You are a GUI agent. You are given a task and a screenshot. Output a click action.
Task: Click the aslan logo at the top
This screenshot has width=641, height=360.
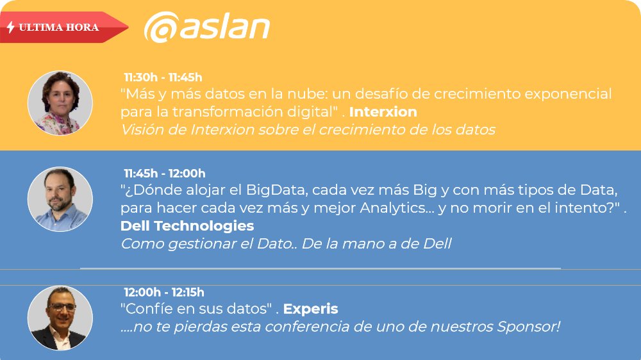coord(206,28)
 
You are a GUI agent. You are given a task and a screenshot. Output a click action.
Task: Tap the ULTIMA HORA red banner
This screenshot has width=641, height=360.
coord(61,28)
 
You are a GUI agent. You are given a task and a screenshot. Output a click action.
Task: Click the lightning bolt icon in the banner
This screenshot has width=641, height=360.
coord(11,28)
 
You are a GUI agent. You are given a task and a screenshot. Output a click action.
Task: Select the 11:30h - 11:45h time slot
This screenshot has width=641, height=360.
coord(163,78)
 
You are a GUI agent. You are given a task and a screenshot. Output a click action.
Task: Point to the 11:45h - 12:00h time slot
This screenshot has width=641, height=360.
coord(165,173)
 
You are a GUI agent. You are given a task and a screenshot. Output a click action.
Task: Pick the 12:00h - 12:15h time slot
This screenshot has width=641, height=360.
coord(164,292)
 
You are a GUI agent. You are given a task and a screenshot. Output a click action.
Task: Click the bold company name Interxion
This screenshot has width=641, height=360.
coord(383,112)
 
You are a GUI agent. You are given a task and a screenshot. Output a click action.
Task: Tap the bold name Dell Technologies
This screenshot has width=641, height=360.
coord(187,226)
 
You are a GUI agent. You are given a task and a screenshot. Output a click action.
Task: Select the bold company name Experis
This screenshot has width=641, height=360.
coord(310,309)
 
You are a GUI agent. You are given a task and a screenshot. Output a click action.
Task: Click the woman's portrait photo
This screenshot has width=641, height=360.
coord(60,103)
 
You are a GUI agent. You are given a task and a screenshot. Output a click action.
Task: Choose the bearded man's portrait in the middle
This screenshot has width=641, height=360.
coord(60,199)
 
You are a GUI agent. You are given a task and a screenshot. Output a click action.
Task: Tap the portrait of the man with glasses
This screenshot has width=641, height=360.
coord(60,318)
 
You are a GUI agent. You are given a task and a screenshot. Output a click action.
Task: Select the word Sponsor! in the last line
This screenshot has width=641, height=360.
coord(529,327)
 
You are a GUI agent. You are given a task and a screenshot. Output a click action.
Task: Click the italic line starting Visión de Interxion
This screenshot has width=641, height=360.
coord(308,129)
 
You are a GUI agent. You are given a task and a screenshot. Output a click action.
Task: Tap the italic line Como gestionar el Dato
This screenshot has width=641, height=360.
coord(286,243)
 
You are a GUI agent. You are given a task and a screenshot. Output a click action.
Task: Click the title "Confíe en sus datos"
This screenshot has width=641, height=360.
coord(196,309)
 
